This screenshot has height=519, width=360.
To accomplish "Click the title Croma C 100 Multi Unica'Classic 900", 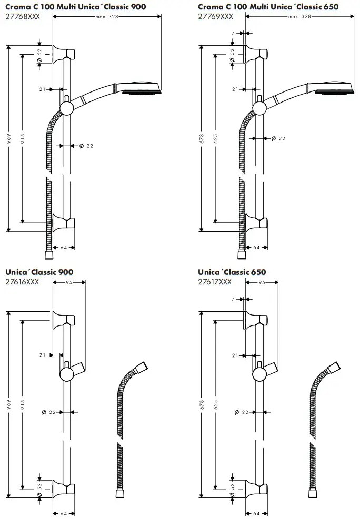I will tap(76, 6).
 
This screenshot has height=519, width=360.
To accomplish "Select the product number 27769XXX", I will tap(216, 16).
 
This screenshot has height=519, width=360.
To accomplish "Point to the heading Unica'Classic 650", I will tap(232, 272).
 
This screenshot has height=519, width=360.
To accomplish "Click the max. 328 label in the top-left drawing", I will tap(107, 17).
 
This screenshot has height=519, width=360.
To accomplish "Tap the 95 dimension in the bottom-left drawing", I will tap(69, 282).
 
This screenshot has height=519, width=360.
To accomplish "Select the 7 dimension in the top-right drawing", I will tap(233, 34).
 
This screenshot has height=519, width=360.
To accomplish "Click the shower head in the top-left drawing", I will tap(138, 88).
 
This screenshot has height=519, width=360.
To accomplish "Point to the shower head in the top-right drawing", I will tap(332, 88).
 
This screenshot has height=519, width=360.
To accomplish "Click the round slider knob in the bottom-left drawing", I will tap(67, 373).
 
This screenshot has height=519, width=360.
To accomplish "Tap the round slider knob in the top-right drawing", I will tap(260, 108).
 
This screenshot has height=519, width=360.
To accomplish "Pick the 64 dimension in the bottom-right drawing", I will tap(257, 514).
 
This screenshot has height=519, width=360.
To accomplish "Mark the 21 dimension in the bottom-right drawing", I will tap(235, 355).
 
